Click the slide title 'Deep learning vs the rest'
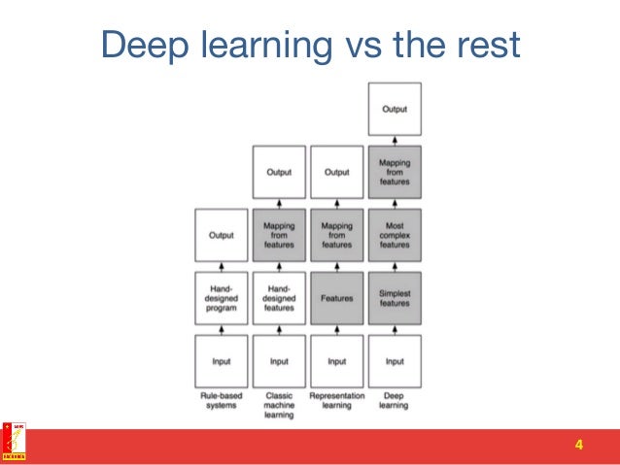[310, 46]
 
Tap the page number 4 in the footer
[579, 446]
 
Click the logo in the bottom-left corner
[15, 441]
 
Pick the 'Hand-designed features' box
[279, 298]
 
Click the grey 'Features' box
[336, 298]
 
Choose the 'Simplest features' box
[395, 298]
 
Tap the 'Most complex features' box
[395, 235]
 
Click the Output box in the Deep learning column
[395, 109]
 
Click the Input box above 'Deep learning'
[395, 361]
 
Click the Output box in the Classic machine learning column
[279, 172]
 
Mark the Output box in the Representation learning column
[336, 172]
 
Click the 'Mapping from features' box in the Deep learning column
[395, 172]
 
